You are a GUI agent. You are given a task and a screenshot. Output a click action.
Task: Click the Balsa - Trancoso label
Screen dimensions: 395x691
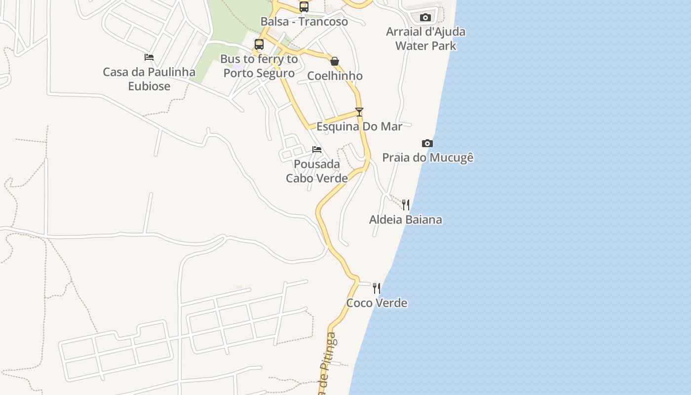pos(304,22)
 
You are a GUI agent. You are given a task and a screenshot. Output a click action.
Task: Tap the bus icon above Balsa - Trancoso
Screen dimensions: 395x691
pos(304,7)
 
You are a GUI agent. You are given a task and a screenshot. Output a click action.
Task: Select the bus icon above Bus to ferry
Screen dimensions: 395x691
pos(259,44)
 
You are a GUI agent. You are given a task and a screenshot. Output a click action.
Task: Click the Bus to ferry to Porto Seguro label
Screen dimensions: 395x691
pos(259,66)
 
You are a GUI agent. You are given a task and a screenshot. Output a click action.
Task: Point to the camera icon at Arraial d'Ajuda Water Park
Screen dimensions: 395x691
pos(425,17)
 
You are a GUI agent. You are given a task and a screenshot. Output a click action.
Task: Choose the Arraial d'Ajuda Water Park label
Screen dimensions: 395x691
pos(425,39)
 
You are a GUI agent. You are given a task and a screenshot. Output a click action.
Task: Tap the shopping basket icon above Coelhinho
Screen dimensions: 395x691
pos(335,61)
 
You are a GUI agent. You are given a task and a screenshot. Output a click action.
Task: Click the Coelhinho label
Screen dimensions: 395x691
pos(335,76)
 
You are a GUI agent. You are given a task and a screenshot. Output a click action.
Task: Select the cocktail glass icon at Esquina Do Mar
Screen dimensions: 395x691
pos(359,112)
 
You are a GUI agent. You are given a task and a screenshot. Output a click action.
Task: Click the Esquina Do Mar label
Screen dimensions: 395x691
pos(359,126)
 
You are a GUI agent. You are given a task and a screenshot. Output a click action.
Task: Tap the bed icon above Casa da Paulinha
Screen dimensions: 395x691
pos(149,57)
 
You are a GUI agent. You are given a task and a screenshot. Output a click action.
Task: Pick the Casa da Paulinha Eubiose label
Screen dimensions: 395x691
pos(149,79)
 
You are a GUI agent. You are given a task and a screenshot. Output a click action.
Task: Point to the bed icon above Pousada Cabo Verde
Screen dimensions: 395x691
pos(317,150)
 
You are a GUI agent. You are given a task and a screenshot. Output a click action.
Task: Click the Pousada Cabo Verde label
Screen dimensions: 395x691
pos(317,171)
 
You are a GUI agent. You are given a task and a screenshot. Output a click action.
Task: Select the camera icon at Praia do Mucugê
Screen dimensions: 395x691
pos(427,144)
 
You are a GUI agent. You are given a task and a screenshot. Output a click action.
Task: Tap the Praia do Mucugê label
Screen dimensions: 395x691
pos(428,158)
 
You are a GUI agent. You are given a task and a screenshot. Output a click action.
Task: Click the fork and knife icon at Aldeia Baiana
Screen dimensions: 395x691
pos(406,204)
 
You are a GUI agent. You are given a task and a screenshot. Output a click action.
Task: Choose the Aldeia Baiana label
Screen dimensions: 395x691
pos(406,219)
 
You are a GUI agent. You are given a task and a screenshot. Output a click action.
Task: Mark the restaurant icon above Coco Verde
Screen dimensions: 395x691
pos(377,288)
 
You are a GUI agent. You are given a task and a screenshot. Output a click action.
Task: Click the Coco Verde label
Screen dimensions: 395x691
pos(377,303)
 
